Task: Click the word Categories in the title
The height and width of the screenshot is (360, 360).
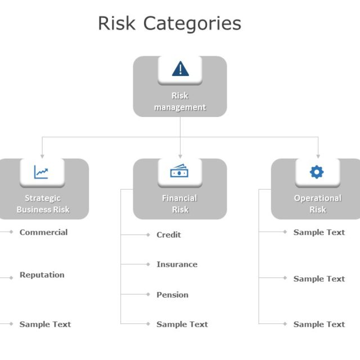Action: click(x=192, y=24)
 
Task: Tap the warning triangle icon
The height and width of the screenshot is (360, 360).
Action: click(x=180, y=69)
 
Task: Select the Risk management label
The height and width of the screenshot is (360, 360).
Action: click(x=180, y=102)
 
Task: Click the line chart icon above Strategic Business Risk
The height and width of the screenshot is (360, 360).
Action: click(x=41, y=172)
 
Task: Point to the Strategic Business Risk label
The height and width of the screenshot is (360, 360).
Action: click(x=43, y=204)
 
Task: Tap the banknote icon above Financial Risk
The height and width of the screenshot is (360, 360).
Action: click(x=179, y=172)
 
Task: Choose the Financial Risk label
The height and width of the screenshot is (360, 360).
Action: click(x=179, y=204)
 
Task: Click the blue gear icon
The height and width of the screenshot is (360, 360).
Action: click(x=317, y=172)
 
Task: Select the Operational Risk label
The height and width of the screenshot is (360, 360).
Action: click(x=317, y=204)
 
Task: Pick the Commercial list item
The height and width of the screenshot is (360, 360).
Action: click(x=43, y=232)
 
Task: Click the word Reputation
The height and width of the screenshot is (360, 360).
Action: click(x=42, y=275)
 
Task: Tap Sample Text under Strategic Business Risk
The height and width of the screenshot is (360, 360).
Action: click(x=45, y=324)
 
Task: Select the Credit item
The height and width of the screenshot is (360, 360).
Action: click(x=169, y=235)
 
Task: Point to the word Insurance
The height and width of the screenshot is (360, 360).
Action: click(x=177, y=264)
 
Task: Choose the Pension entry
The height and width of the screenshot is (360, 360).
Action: click(x=172, y=295)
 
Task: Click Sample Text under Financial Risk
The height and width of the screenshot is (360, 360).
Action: click(x=182, y=324)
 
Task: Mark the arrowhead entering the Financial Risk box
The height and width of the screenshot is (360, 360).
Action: click(x=180, y=156)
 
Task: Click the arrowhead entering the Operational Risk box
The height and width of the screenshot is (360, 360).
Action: click(x=318, y=156)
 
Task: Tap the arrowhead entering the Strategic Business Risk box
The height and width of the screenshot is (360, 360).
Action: click(x=42, y=156)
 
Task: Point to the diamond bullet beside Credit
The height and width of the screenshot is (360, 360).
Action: click(x=148, y=235)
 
